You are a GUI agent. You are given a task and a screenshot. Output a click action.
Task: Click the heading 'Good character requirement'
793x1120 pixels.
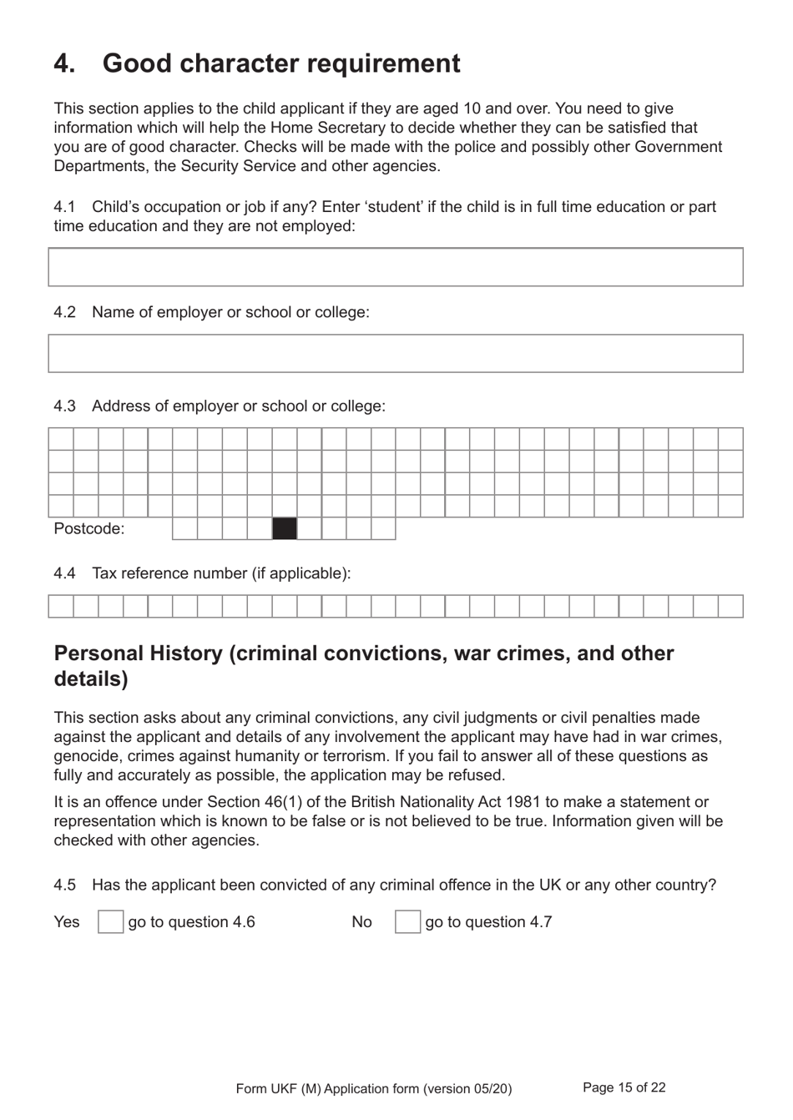pyautogui.click(x=280, y=63)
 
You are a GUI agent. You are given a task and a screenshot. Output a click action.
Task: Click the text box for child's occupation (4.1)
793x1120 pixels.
pyautogui.click(x=395, y=267)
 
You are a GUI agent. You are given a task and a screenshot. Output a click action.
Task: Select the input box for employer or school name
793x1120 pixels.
pyautogui.click(x=395, y=353)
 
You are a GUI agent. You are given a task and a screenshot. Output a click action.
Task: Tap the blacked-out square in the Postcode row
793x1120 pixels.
pyautogui.click(x=285, y=528)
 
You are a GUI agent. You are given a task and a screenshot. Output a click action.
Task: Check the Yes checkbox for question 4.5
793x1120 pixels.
pyautogui.click(x=110, y=921)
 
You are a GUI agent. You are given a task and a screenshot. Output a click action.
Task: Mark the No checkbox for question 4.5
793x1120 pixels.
pyautogui.click(x=407, y=921)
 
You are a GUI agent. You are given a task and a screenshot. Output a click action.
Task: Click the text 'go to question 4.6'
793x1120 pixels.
pyautogui.click(x=191, y=922)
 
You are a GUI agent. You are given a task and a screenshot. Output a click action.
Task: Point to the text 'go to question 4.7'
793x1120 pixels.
pyautogui.click(x=488, y=922)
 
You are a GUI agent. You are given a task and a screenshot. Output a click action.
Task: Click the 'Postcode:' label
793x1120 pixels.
pyautogui.click(x=88, y=528)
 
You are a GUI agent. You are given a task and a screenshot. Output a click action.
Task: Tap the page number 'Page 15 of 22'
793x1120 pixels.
pyautogui.click(x=624, y=1087)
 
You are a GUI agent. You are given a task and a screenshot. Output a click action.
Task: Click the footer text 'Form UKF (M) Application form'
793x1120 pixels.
pyautogui.click(x=373, y=1088)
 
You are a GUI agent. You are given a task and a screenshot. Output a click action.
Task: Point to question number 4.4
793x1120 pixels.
pyautogui.click(x=64, y=573)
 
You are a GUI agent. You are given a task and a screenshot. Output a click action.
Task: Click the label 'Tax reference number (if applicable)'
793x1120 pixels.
pyautogui.click(x=221, y=573)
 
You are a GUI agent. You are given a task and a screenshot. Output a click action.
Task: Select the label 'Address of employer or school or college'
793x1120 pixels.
pyautogui.click(x=238, y=406)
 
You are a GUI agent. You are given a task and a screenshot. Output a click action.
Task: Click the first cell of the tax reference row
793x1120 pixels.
pyautogui.click(x=61, y=606)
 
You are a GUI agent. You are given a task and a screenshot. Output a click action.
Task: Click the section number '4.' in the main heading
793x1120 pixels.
pyautogui.click(x=64, y=63)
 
